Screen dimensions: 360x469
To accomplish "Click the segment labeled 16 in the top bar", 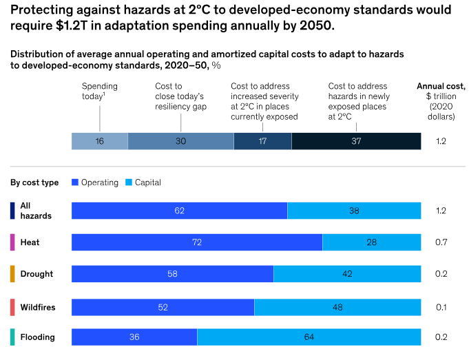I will point(100,140).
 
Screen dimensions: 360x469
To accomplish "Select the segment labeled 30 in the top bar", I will point(180,140).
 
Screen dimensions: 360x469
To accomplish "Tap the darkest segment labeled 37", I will point(356,140).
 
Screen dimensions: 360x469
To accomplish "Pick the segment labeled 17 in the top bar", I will point(262,140).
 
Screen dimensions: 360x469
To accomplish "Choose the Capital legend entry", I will point(142,182).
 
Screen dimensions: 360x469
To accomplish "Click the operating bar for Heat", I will point(197,242).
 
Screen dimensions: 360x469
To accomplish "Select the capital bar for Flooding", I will point(309,337).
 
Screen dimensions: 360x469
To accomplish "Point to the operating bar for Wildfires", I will point(163,307).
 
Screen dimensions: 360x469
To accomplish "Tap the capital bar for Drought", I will point(347,274).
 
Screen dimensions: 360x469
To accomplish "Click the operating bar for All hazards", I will point(179,211).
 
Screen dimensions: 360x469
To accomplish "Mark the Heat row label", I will point(30,242).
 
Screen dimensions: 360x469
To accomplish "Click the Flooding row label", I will point(37,337).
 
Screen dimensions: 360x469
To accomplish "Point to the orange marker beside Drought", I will point(12,274).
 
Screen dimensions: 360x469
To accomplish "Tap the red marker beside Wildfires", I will point(12,307).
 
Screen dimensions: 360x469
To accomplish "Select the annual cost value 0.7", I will point(441,242).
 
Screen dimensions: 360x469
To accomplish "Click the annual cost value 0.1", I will point(441,307).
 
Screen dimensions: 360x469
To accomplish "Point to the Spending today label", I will point(100,92).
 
